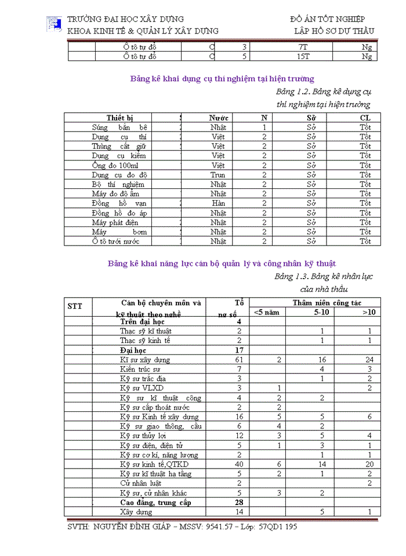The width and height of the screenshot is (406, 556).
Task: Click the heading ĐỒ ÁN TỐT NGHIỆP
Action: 327,20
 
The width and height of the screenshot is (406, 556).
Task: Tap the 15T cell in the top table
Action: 302,57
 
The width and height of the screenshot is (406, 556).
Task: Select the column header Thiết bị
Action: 119,118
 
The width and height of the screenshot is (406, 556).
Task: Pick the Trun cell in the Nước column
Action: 218,175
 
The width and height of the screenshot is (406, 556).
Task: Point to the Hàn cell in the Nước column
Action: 218,203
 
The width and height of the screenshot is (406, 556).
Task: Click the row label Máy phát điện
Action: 115,222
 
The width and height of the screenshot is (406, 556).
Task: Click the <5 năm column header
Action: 266,312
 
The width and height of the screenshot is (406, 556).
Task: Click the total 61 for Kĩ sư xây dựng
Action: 239,360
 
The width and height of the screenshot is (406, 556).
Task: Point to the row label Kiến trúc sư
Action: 140,369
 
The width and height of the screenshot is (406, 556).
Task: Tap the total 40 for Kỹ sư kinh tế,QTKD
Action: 239,464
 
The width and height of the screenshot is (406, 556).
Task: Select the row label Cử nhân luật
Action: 140,483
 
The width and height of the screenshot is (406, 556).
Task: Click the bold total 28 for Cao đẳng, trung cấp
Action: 239,502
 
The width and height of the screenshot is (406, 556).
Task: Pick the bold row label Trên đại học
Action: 143,321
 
